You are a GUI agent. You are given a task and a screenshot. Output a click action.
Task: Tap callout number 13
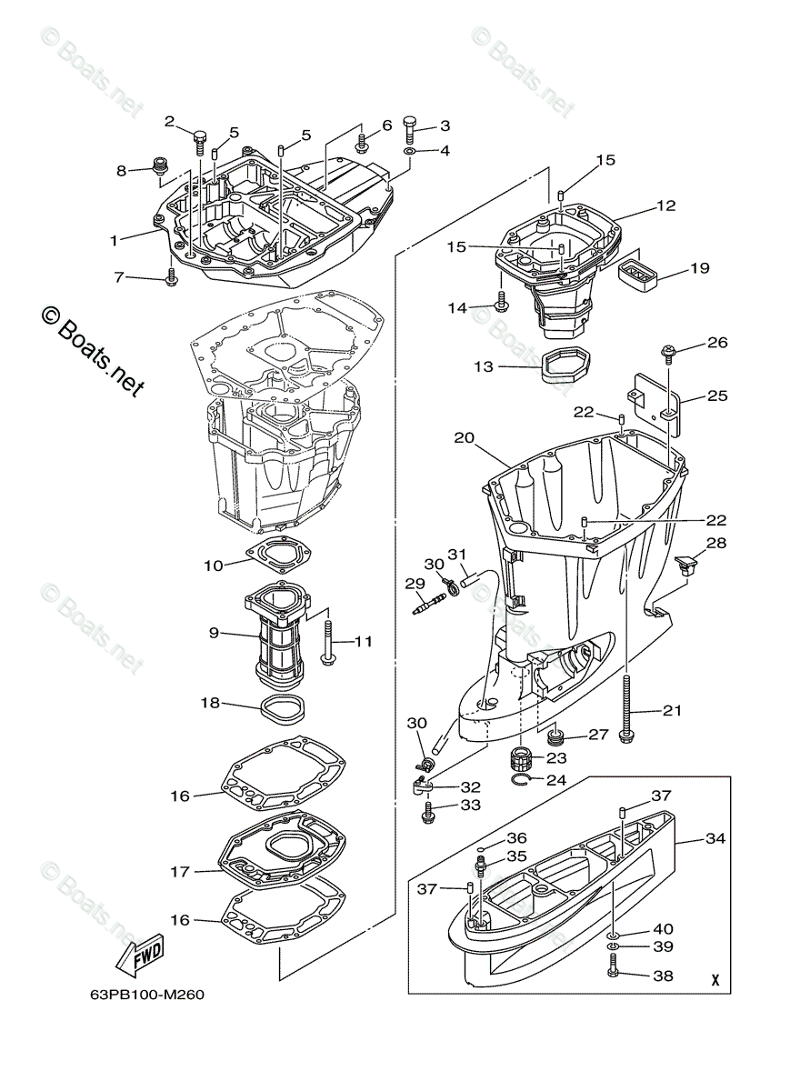point(483,366)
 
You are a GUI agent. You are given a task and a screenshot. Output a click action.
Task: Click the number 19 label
point(699,268)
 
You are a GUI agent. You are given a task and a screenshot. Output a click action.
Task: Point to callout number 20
point(465,437)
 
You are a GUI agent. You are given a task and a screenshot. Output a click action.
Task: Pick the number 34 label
point(715,838)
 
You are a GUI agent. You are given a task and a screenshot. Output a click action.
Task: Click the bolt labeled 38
point(612,976)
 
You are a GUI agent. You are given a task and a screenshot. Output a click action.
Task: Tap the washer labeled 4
point(410,151)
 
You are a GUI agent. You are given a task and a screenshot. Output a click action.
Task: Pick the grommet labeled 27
point(553,735)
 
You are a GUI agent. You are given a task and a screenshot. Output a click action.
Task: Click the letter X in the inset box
point(715,981)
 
